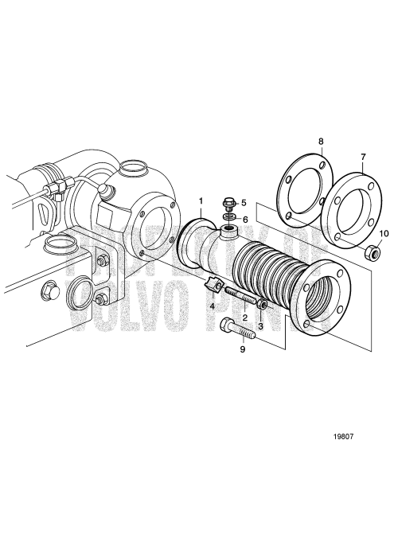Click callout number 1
(201, 200)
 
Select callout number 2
(245, 317)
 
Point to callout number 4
(213, 305)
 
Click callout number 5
(244, 202)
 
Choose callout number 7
(363, 157)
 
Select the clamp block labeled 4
(215, 284)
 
